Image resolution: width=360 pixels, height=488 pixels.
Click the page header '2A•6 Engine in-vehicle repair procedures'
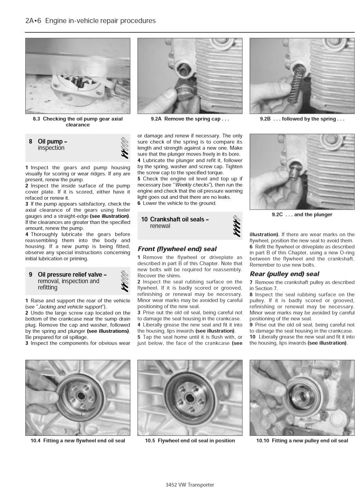(x=91, y=21)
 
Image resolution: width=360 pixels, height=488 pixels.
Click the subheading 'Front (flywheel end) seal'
(x=177, y=249)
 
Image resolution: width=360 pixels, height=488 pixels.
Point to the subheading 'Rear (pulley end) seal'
(x=284, y=273)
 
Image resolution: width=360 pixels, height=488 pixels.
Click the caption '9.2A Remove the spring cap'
(x=189, y=119)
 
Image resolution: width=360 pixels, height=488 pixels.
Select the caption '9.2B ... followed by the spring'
(x=302, y=119)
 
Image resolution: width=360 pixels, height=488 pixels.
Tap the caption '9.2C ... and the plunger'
(x=302, y=215)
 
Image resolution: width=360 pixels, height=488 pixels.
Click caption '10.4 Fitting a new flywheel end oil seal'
(x=77, y=440)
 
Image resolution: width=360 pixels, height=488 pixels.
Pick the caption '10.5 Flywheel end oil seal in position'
(x=189, y=440)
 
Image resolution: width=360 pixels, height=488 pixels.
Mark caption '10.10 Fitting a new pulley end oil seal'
(x=302, y=440)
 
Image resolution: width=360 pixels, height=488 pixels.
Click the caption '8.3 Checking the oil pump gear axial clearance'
(x=77, y=122)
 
